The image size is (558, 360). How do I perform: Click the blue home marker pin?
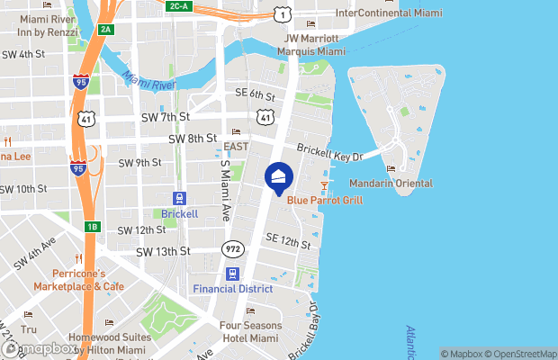coord(279,177)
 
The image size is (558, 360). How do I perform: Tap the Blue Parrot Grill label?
coord(325,200)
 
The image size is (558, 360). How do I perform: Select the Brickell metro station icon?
coord(180,198)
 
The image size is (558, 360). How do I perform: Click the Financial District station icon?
coord(232,274)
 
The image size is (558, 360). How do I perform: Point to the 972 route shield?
coord(232,248)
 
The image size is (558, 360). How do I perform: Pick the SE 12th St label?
coord(288,240)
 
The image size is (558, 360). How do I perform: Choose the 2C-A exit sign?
coord(178,6)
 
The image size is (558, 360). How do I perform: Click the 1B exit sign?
coord(92,227)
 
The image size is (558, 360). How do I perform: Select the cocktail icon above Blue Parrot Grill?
coord(325,185)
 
